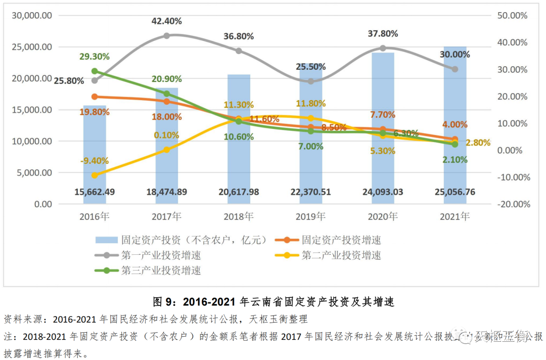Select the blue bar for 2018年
[x=239, y=152]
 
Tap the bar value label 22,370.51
[x=310, y=192]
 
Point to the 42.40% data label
[x=167, y=21]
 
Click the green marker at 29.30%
[x=95, y=71]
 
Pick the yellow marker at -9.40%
[x=95, y=175]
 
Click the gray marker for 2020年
[x=383, y=49]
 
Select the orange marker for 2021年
[x=455, y=139]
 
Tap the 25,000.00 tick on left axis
[x=33, y=47]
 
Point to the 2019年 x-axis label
[x=310, y=217]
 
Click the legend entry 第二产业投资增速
[x=341, y=255]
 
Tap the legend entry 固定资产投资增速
[x=341, y=240]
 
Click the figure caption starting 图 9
[x=273, y=302]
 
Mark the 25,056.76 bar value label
[x=455, y=192]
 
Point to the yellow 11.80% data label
[x=311, y=104]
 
